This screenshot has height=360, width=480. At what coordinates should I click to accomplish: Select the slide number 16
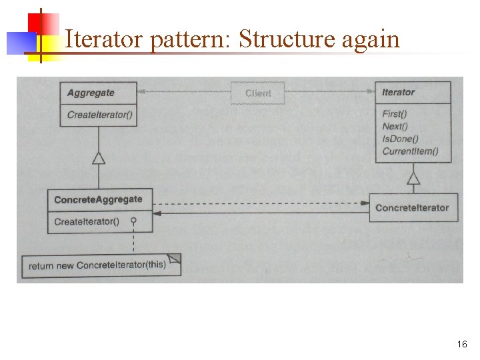(x=462, y=345)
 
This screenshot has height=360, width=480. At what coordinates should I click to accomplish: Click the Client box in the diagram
(x=258, y=93)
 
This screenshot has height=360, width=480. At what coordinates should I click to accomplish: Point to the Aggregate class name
(x=91, y=93)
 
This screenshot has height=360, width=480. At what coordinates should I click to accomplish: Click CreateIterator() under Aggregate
(x=100, y=115)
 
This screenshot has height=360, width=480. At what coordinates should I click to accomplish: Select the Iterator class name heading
(x=398, y=92)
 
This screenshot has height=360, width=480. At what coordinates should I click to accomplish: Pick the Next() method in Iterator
(x=395, y=126)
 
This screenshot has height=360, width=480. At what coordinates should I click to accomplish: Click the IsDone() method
(x=400, y=139)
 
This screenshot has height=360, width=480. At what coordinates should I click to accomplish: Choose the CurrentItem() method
(x=410, y=151)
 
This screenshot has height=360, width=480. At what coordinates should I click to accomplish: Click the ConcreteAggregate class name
(x=98, y=199)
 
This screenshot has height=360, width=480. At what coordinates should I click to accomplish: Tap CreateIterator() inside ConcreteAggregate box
(x=87, y=221)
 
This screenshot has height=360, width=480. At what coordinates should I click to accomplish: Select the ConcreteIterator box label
(x=412, y=207)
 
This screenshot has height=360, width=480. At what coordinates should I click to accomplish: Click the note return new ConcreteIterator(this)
(x=97, y=265)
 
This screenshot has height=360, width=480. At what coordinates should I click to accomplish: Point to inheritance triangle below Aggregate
(x=99, y=158)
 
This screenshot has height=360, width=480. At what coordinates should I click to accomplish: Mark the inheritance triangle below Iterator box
(x=413, y=178)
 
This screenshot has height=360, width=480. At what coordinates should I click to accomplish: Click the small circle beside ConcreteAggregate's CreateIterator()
(x=133, y=221)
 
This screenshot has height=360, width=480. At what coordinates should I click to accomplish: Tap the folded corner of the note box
(x=174, y=259)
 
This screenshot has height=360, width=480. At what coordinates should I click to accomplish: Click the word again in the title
(x=370, y=39)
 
